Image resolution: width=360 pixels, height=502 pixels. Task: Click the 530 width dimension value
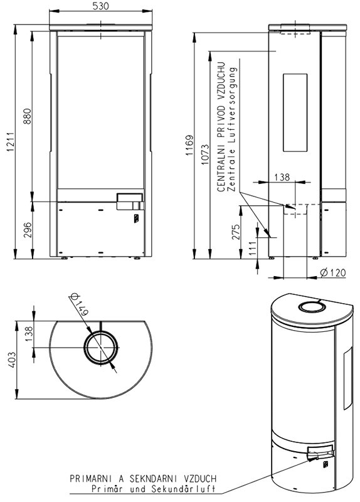(x=100, y=6)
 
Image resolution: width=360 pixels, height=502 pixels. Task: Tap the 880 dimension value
(x=27, y=117)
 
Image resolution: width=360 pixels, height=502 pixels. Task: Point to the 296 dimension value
(x=28, y=230)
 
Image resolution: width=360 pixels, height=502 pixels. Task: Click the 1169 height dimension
(x=190, y=146)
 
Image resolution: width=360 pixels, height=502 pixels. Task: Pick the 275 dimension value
(x=236, y=232)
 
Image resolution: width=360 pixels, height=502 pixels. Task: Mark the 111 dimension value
(x=253, y=248)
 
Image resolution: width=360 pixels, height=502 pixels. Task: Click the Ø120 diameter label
(x=333, y=272)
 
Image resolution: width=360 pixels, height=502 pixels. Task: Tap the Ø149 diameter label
(x=79, y=304)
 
